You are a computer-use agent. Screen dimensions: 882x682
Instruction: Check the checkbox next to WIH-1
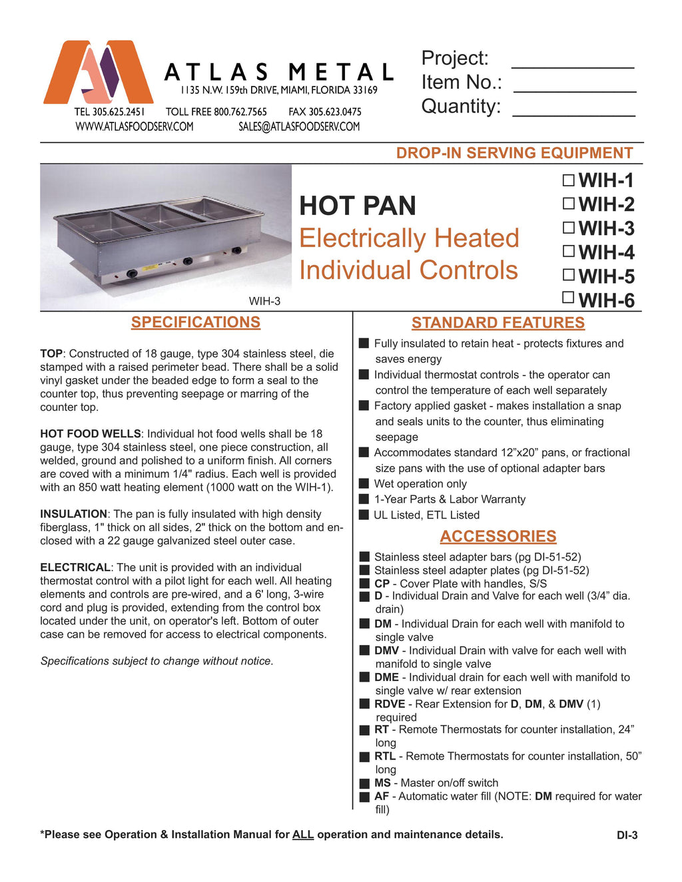click(x=568, y=180)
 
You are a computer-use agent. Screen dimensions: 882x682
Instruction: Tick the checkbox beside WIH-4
click(x=568, y=251)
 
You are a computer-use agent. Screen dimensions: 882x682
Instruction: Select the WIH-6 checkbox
click(x=568, y=298)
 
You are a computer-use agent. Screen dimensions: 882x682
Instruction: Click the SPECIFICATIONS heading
click(x=196, y=322)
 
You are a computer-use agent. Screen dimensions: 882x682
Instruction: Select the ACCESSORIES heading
click(x=498, y=537)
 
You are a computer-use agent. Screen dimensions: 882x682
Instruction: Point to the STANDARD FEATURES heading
click(x=498, y=323)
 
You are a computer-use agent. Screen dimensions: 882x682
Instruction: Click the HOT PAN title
click(x=358, y=206)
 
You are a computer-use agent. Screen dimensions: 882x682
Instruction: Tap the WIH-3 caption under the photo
click(x=264, y=301)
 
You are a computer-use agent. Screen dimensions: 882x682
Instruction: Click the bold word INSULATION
click(x=73, y=514)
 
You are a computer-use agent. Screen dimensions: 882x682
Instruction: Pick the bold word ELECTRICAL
click(x=75, y=567)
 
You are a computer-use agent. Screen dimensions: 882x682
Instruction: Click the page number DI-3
click(x=627, y=835)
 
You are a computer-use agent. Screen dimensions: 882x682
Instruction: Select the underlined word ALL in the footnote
click(x=303, y=835)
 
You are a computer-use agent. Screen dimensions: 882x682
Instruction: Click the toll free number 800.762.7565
click(x=240, y=112)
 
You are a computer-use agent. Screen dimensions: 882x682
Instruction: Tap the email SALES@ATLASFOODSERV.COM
click(x=299, y=126)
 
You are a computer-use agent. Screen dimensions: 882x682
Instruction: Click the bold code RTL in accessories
click(x=385, y=756)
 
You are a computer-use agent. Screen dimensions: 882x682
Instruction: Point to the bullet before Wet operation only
click(x=364, y=484)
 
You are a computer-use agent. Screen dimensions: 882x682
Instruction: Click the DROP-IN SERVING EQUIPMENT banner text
click(x=514, y=153)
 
